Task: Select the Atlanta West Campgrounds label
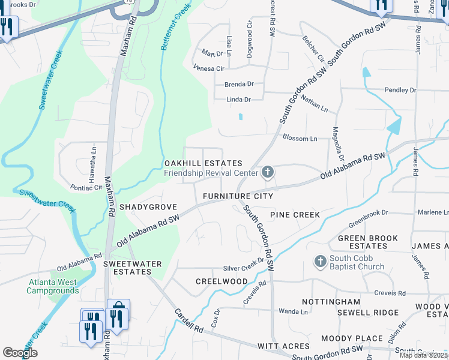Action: point(52,286)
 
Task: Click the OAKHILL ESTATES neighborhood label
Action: point(203,163)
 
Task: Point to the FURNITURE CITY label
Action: point(238,196)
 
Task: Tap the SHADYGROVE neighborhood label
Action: point(148,206)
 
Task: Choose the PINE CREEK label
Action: point(295,214)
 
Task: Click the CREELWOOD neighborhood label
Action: point(221,281)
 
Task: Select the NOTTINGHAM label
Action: point(331,302)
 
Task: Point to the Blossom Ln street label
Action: point(300,139)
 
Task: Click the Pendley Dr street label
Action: point(400,90)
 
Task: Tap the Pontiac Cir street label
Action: point(86,188)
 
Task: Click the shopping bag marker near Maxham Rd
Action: point(118,314)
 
